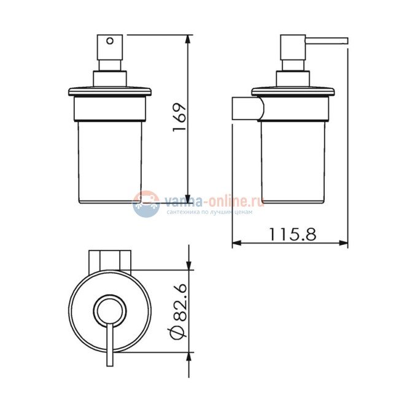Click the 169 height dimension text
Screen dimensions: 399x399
180,117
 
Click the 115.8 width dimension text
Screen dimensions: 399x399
292,234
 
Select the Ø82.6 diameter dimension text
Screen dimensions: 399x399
179,312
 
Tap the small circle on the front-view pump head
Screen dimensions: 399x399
110,41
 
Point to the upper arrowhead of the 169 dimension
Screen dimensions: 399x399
188,39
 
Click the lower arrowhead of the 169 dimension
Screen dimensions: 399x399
188,199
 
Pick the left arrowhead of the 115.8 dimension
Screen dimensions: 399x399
236,243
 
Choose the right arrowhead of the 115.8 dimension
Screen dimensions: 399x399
343,243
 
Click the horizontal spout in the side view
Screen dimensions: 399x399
327,41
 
